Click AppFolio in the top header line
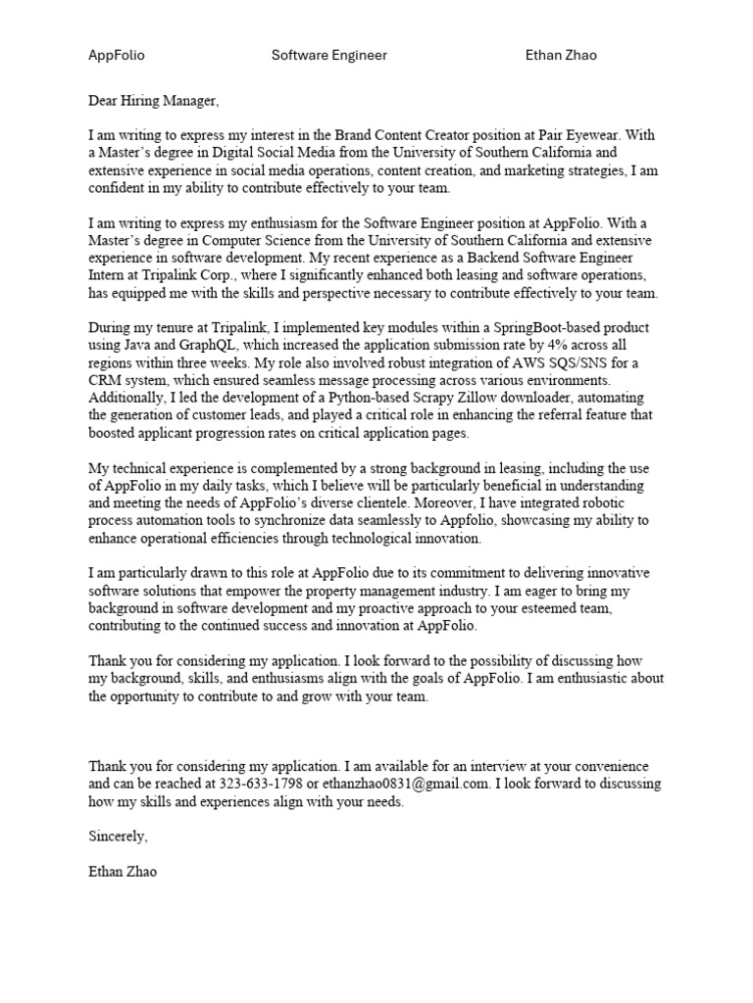(116, 55)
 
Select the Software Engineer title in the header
(328, 55)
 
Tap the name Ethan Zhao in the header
(560, 55)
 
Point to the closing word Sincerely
(118, 836)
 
